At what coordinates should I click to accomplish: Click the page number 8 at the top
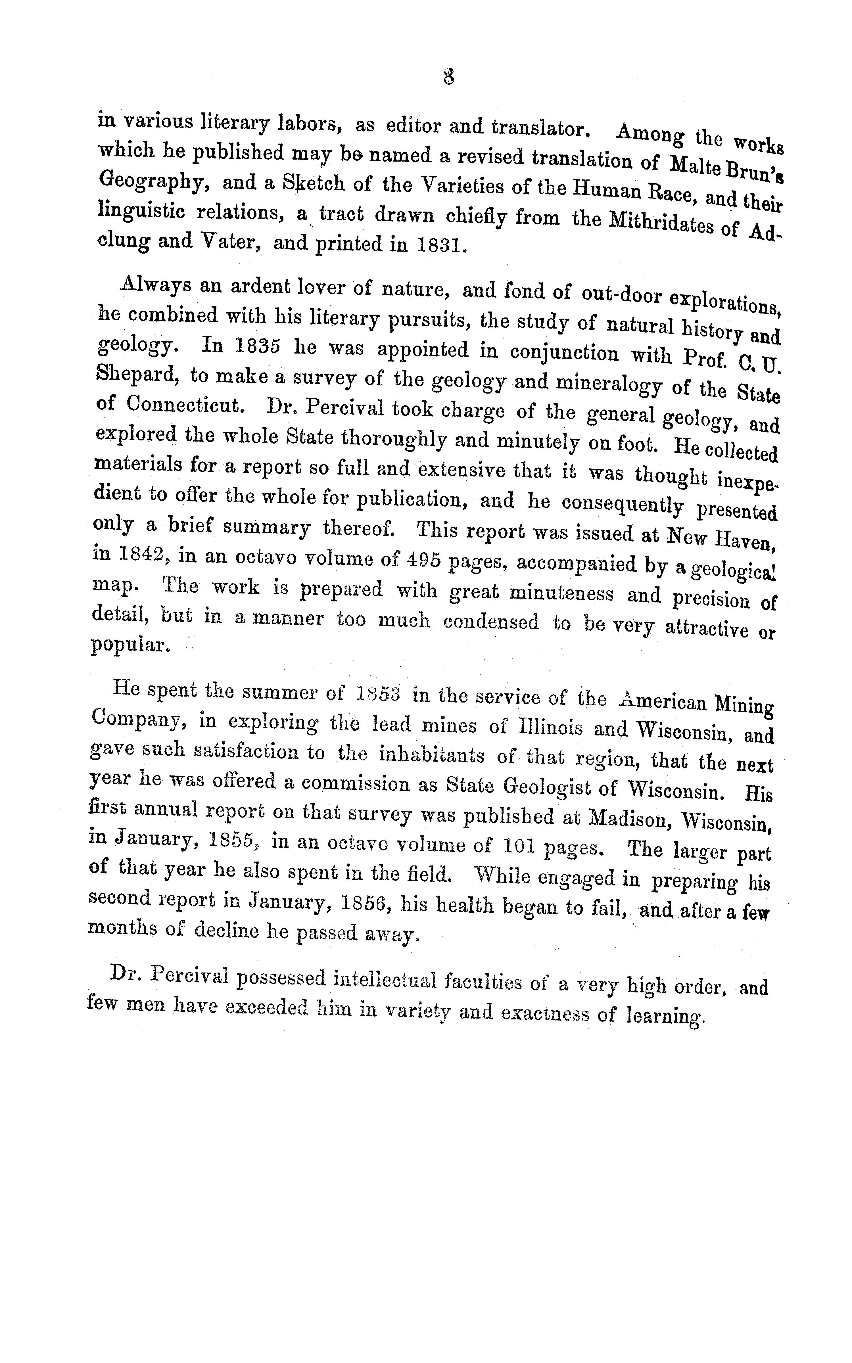pos(448,77)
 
